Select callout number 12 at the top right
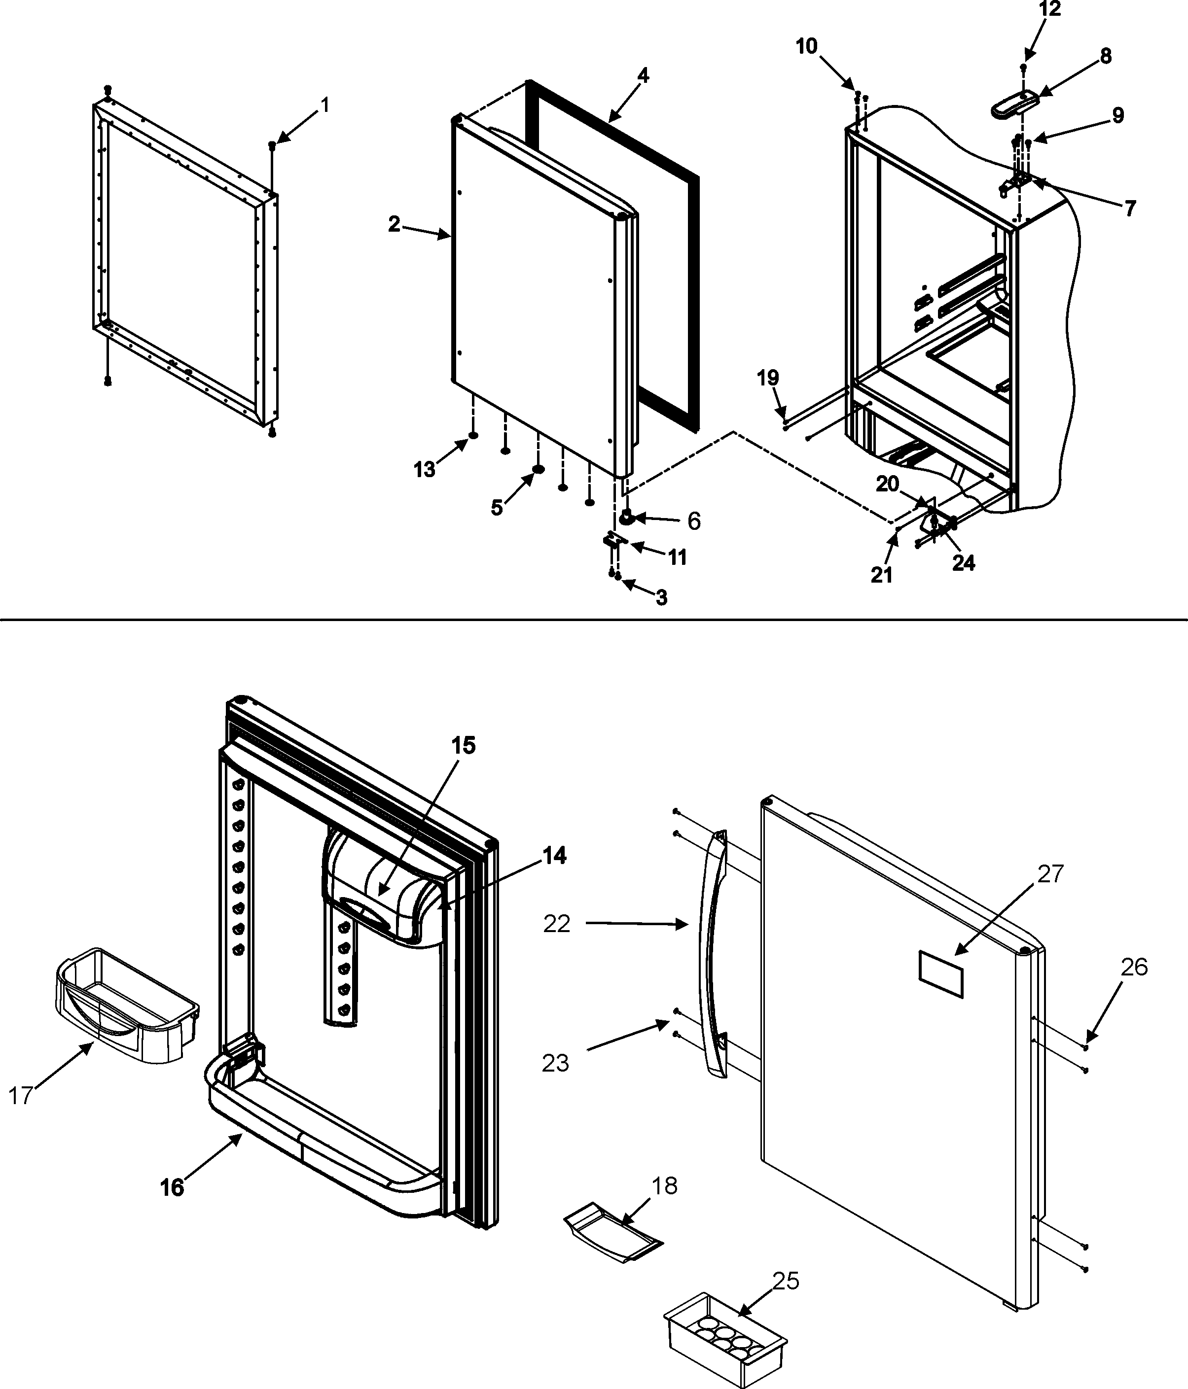(1050, 9)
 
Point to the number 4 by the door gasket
(643, 76)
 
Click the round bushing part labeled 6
(627, 518)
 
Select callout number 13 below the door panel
(424, 470)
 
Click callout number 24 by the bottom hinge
(963, 563)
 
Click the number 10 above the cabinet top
(807, 46)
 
